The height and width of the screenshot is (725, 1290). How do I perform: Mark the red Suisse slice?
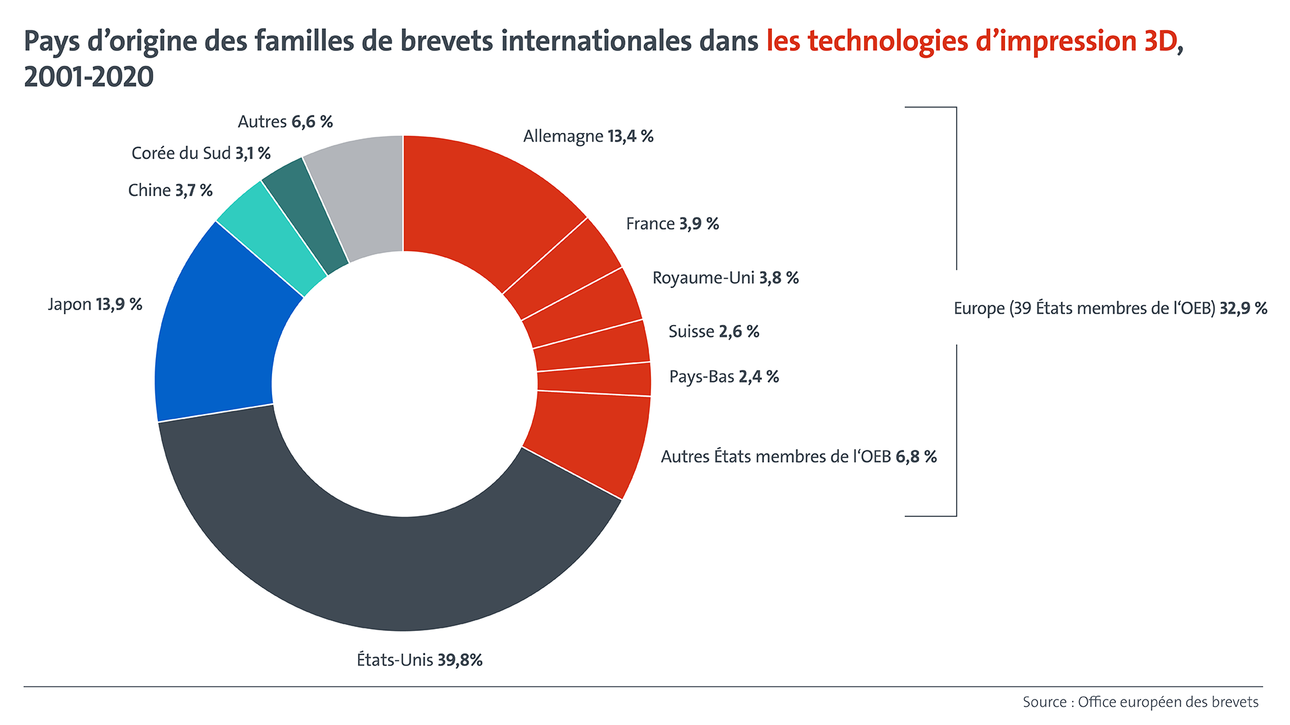point(591,346)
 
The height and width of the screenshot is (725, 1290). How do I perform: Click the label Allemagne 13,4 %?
point(588,136)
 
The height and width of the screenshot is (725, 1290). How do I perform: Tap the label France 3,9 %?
point(672,224)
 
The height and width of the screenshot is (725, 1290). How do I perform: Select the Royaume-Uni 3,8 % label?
point(726,278)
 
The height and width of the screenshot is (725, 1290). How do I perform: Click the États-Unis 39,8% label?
point(419,660)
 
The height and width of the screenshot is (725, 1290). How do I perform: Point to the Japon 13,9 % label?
point(95,304)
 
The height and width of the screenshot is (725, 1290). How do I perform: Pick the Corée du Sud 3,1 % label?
point(201,153)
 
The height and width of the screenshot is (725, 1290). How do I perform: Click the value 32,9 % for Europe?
point(1243,308)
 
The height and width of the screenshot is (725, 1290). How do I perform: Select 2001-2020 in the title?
point(89,77)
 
